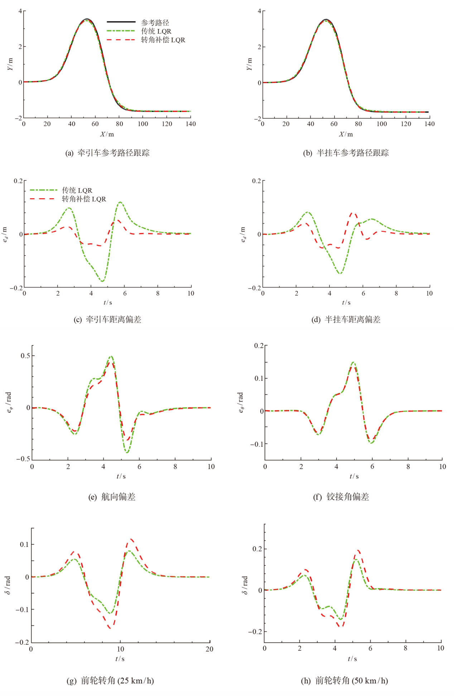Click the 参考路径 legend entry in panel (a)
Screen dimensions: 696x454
pyautogui.click(x=155, y=23)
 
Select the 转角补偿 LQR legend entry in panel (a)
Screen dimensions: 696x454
pyautogui.click(x=163, y=40)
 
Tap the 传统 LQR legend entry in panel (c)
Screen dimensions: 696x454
pyautogui.click(x=77, y=190)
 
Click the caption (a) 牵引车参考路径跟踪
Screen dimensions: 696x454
pyautogui.click(x=107, y=153)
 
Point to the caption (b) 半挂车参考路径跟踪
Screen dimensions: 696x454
pyautogui.click(x=346, y=153)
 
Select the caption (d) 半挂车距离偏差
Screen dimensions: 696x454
pyautogui.click(x=346, y=319)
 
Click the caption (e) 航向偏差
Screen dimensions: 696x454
pyautogui.click(x=112, y=497)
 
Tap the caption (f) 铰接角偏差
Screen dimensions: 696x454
pyautogui.click(x=341, y=497)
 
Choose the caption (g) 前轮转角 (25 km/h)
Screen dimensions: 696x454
pyautogui.click(x=110, y=681)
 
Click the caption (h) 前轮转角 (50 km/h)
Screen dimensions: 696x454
pyautogui.click(x=344, y=681)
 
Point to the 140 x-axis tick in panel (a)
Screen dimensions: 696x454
pyautogui.click(x=190, y=124)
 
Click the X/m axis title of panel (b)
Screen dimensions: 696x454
pyautogui.click(x=346, y=134)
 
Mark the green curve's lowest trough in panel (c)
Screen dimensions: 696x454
pyautogui.click(x=103, y=281)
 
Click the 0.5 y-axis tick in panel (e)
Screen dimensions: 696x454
pyautogui.click(x=25, y=356)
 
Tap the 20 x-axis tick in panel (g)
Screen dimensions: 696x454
pyautogui.click(x=209, y=649)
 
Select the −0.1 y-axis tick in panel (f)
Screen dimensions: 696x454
pyautogui.click(x=256, y=444)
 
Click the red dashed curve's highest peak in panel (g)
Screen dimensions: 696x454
pyautogui.click(x=132, y=539)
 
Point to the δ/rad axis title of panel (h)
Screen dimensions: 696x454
pyautogui.click(x=245, y=585)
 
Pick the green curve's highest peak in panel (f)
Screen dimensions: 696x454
pyautogui.click(x=353, y=362)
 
